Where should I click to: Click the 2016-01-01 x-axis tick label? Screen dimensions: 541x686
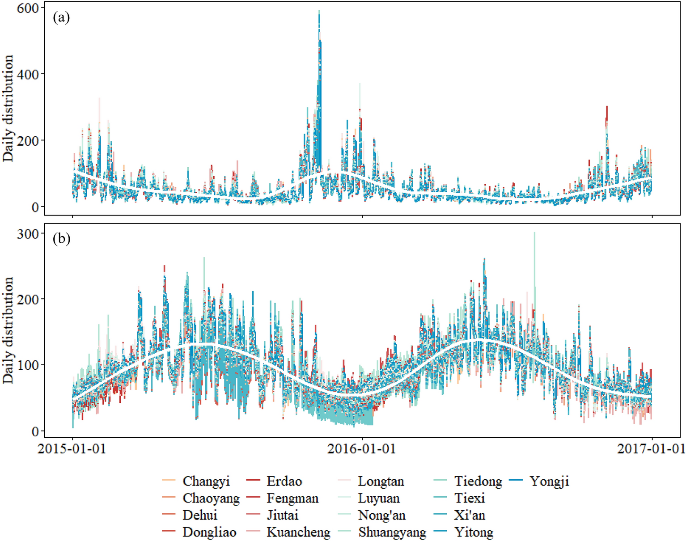362,448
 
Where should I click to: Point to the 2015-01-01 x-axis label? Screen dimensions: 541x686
72,448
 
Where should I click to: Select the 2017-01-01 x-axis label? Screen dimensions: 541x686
651,448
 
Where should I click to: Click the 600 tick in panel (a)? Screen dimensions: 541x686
28,8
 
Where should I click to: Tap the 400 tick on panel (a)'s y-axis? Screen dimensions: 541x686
28,74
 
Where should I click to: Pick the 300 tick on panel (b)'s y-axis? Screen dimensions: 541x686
28,233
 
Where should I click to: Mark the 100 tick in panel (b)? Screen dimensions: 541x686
28,365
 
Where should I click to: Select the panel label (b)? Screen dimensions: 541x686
61,239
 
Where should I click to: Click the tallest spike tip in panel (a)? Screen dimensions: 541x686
319,11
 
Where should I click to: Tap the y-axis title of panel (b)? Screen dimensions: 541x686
8,330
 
